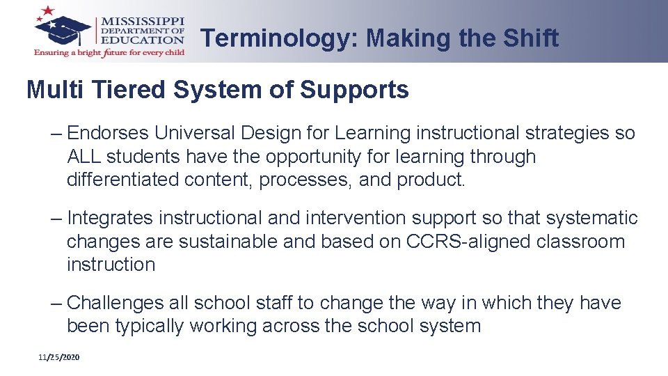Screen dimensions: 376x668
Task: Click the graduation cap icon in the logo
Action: click(x=64, y=27)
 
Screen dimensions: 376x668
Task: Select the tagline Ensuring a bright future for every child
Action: click(x=109, y=52)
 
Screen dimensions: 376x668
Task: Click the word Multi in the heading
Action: click(x=57, y=90)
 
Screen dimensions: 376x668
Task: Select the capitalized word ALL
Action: click(x=83, y=157)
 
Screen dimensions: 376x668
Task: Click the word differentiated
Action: click(x=123, y=180)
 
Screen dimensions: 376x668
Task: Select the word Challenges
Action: click(x=115, y=304)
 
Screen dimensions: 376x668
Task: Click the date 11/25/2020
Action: click(x=59, y=357)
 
